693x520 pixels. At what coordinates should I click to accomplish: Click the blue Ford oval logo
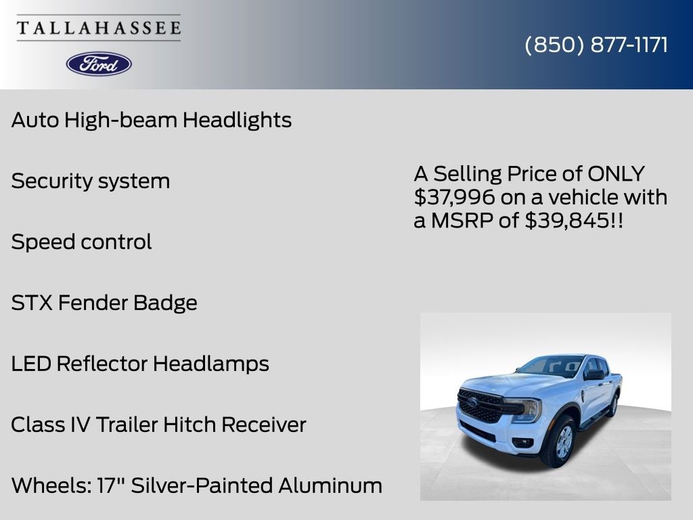(x=99, y=64)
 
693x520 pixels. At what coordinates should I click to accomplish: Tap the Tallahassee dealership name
(x=99, y=28)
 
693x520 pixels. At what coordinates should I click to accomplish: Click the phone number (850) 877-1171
(x=596, y=45)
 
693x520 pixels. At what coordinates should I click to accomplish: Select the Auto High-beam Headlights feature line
(x=152, y=121)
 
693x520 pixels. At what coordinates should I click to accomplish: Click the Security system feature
(x=91, y=181)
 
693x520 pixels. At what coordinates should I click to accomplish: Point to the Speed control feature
(x=81, y=242)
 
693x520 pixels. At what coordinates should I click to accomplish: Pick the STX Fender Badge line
(x=104, y=303)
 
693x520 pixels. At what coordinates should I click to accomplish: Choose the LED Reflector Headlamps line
(x=140, y=364)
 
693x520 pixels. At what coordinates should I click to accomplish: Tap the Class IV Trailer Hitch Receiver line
(x=158, y=425)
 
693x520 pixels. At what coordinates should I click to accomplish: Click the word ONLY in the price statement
(x=616, y=174)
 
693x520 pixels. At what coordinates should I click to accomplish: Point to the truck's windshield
(x=552, y=366)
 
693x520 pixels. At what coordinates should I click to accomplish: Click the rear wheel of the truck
(x=613, y=404)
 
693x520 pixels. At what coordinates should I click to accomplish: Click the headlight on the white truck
(x=530, y=409)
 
